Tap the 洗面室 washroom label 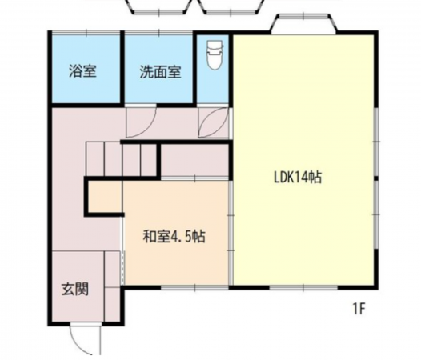159,70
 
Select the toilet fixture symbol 214,55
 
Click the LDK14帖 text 297,178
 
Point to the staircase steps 120,156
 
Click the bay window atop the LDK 304,24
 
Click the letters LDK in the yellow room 283,178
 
